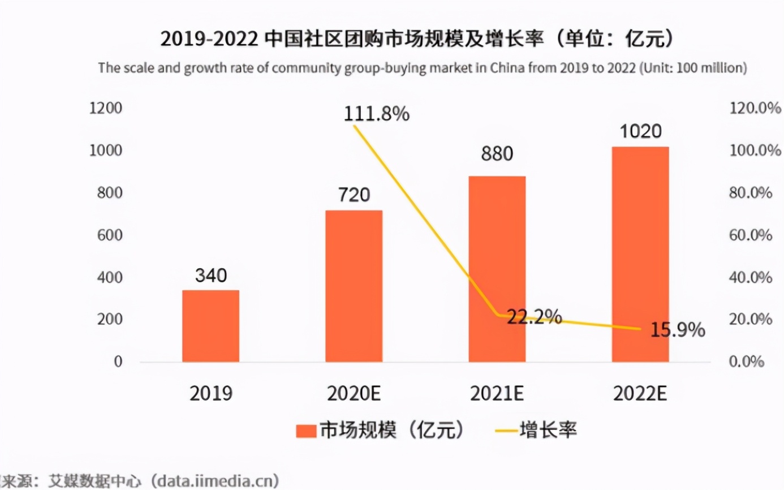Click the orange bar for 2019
click(x=210, y=326)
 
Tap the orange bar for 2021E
click(x=497, y=269)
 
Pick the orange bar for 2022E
click(x=640, y=254)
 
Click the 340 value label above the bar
click(x=210, y=276)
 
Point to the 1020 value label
click(x=640, y=132)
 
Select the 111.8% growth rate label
click(x=376, y=114)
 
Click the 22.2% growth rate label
click(x=533, y=317)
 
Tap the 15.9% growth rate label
click(x=677, y=330)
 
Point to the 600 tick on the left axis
click(x=110, y=235)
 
